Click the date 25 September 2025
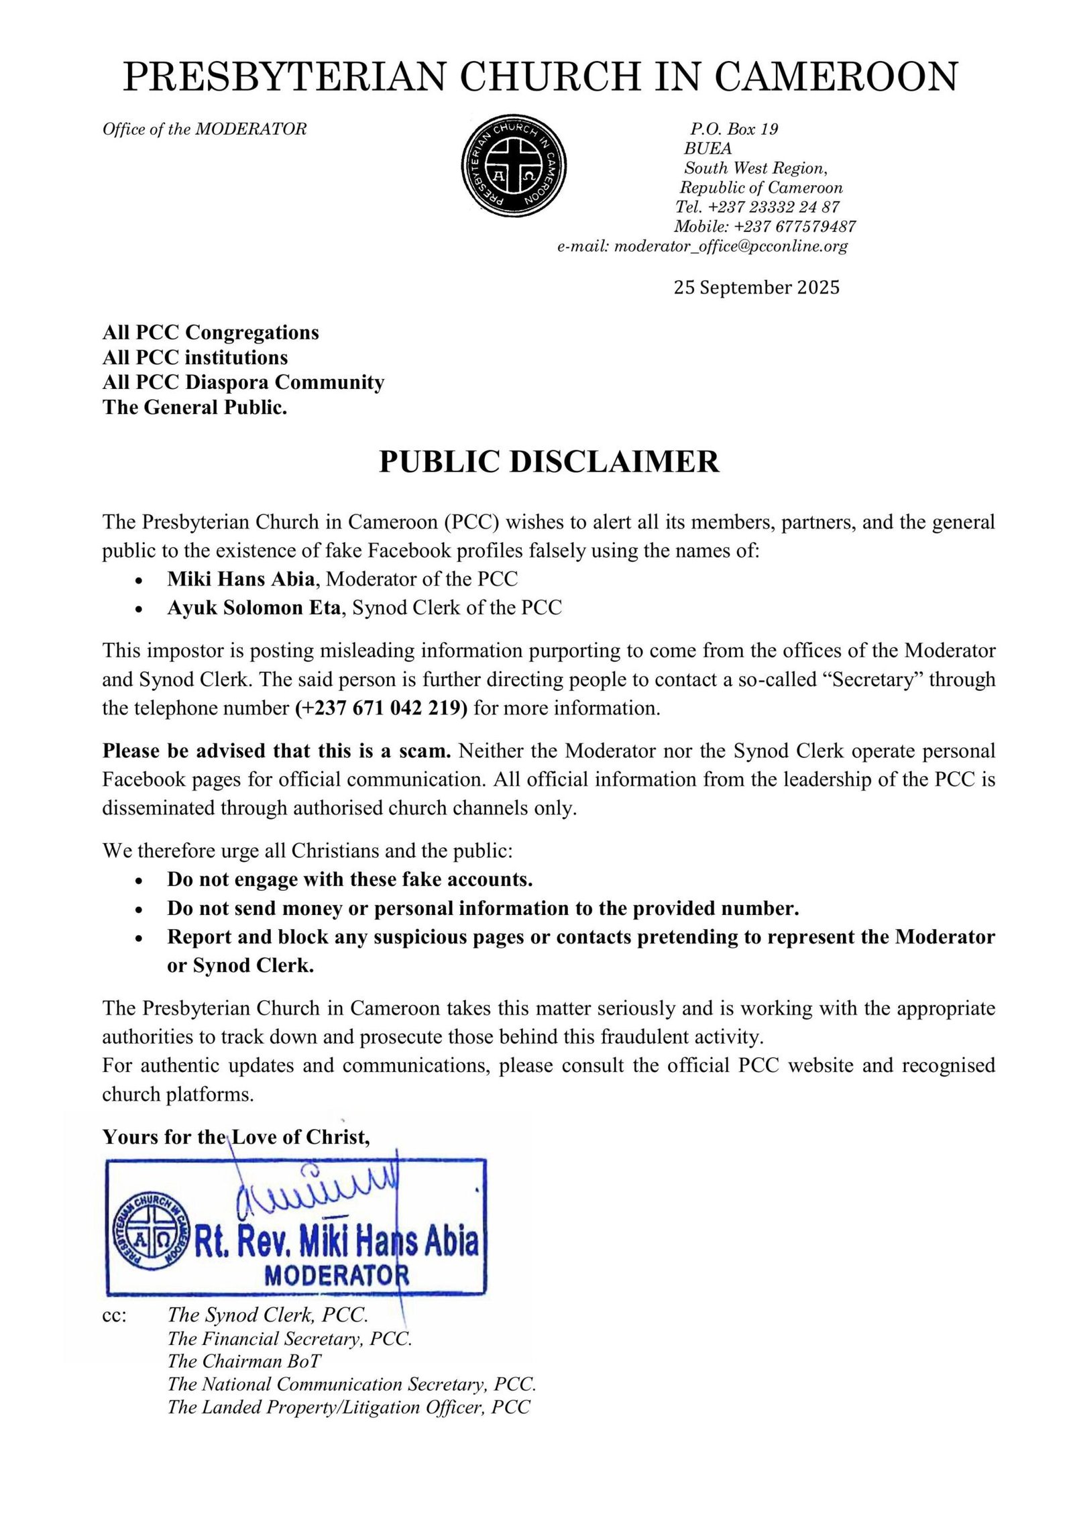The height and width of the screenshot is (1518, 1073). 756,288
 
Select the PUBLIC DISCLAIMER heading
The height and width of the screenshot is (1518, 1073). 549,462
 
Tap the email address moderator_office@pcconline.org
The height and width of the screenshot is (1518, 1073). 730,246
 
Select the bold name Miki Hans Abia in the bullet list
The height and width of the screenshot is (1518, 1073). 241,579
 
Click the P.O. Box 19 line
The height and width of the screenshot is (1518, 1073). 734,129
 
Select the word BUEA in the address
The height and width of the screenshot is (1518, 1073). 708,148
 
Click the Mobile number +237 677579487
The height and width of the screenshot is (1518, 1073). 765,227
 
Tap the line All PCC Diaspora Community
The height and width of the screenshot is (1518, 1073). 243,382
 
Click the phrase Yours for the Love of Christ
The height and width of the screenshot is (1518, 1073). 236,1136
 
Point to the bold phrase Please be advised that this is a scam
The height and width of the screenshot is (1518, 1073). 276,751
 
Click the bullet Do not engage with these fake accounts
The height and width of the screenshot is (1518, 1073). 349,879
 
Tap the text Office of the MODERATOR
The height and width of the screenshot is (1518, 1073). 205,129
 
